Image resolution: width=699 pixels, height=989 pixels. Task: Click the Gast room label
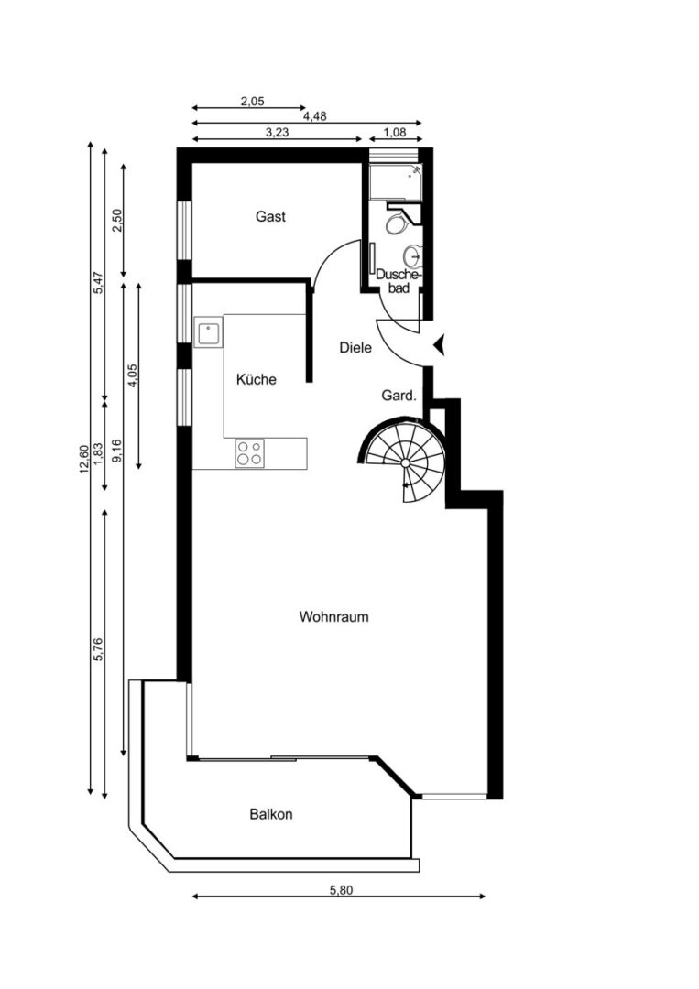(x=270, y=216)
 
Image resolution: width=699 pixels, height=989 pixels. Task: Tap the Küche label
(x=257, y=379)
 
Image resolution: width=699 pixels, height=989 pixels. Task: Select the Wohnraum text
(x=333, y=616)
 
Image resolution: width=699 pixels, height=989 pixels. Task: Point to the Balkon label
(x=270, y=814)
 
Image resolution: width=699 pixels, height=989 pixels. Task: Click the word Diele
(x=355, y=347)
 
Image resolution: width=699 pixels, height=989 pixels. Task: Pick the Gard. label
(x=399, y=396)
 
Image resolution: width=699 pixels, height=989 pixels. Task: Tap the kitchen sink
(x=208, y=331)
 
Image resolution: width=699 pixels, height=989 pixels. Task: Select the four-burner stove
(x=249, y=453)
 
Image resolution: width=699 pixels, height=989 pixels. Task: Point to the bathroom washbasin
(x=412, y=256)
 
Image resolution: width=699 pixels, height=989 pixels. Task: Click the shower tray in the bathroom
(x=396, y=182)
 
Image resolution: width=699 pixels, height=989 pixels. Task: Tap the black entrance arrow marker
(x=440, y=345)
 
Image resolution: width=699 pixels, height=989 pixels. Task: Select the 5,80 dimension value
(x=342, y=890)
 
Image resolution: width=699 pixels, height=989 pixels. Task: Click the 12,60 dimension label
(x=84, y=460)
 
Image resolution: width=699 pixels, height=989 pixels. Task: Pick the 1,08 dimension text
(x=395, y=133)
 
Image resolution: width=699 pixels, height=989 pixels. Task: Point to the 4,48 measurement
(x=315, y=116)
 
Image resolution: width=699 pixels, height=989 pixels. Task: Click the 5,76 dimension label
(x=98, y=649)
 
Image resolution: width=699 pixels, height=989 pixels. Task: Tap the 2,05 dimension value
(x=252, y=101)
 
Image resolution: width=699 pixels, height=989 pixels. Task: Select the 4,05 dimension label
(x=133, y=376)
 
